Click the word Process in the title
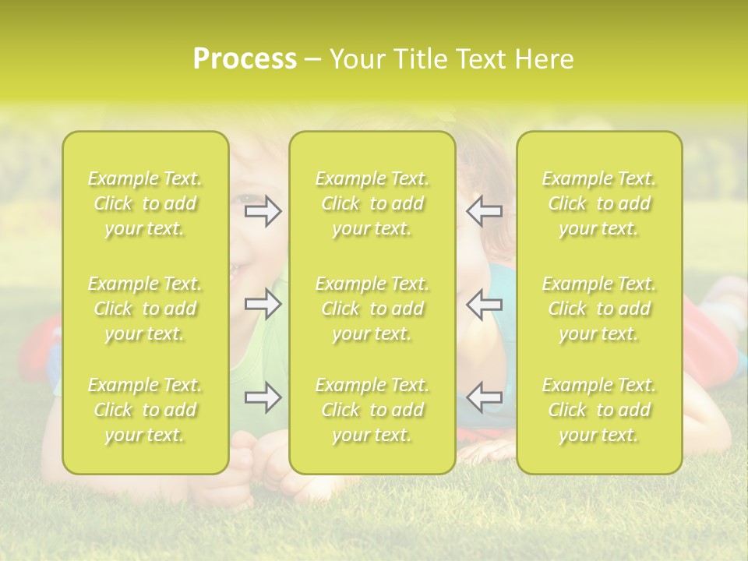tap(245, 59)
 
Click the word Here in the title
tap(543, 59)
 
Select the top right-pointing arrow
tap(263, 212)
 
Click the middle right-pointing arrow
tap(263, 304)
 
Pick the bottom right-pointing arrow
tap(263, 398)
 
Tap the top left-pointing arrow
tap(485, 212)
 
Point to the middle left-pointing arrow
tap(485, 304)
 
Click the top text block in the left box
tap(145, 203)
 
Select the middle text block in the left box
tap(145, 309)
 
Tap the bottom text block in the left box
tap(145, 410)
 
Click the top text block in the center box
tap(372, 203)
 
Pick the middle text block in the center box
tap(372, 309)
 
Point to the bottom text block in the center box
tap(372, 410)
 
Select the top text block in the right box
tap(599, 203)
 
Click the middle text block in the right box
tap(599, 309)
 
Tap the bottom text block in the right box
tap(599, 410)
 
